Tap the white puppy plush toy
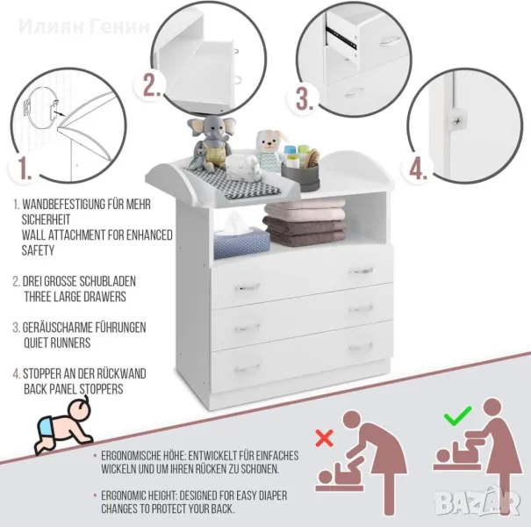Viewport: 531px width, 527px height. click(269, 147)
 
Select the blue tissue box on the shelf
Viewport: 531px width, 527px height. click(241, 241)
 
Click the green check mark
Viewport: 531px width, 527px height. click(457, 415)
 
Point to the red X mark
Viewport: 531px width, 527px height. click(325, 438)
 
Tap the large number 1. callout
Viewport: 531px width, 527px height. click(25, 168)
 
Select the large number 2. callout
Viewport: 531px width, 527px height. click(152, 84)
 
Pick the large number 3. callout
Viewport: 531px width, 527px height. click(305, 98)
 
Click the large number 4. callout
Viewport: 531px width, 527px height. click(419, 169)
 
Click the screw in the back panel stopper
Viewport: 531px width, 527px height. click(457, 120)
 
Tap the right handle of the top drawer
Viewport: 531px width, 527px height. click(361, 271)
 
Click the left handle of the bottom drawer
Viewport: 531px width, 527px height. click(248, 368)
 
